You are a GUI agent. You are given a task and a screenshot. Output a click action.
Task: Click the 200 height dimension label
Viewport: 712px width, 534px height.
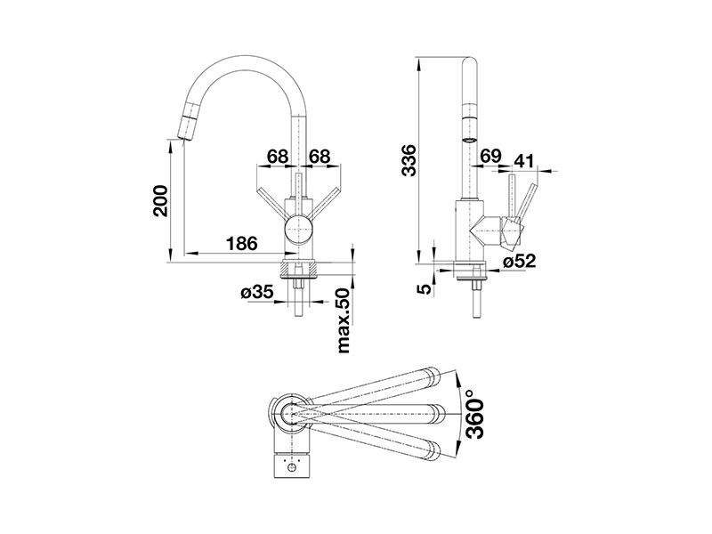click(x=160, y=201)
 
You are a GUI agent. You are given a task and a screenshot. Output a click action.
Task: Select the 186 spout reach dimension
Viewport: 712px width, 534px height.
click(x=241, y=243)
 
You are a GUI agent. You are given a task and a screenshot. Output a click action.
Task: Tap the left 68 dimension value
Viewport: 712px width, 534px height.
click(x=278, y=157)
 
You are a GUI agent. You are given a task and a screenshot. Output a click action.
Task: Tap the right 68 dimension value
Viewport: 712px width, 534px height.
click(x=320, y=157)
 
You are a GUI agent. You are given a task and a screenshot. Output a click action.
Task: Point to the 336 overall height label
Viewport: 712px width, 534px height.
click(x=409, y=160)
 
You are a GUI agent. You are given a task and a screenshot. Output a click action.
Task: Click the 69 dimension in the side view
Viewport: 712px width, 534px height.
click(x=490, y=157)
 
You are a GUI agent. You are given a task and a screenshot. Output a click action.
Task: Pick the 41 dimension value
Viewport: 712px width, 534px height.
click(x=524, y=160)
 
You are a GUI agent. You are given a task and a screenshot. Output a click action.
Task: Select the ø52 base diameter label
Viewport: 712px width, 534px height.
click(x=520, y=261)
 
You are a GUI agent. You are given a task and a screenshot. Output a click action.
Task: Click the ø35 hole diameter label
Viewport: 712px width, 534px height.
click(x=257, y=292)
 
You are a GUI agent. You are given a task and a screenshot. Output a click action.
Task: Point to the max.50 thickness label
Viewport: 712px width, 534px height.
click(x=344, y=320)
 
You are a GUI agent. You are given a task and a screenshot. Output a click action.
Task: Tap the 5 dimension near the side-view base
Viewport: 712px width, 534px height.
click(x=425, y=288)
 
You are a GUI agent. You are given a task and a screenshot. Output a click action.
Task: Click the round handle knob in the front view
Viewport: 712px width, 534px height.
click(x=298, y=229)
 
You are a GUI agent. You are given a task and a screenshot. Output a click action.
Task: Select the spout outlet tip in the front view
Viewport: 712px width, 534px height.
click(x=181, y=137)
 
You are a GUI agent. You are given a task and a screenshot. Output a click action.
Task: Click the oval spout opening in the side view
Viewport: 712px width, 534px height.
click(x=470, y=140)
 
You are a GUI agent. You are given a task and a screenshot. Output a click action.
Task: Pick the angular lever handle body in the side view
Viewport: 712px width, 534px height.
click(x=513, y=232)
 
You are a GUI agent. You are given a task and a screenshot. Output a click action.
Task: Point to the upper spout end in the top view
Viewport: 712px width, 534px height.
click(x=432, y=376)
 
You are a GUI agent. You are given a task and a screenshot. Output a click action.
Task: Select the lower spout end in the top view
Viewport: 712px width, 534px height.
click(x=432, y=449)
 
